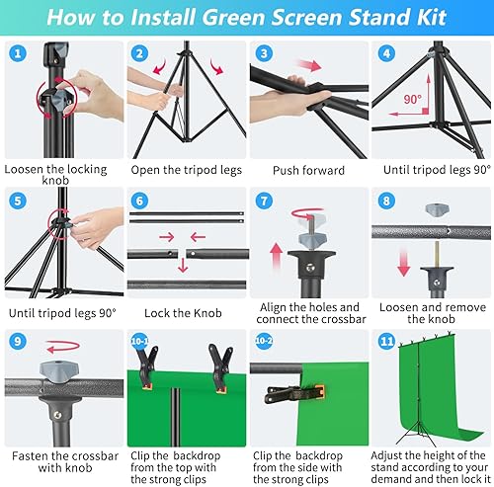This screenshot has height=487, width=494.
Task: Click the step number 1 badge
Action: (18, 54)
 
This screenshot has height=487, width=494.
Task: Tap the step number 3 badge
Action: (263, 54)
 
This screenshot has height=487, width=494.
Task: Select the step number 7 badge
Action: (264, 201)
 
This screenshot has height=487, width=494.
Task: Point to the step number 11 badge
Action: (386, 347)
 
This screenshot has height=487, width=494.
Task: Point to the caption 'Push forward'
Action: (306, 169)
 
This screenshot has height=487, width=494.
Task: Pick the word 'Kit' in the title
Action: (428, 17)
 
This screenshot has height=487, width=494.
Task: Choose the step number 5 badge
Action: (18, 201)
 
